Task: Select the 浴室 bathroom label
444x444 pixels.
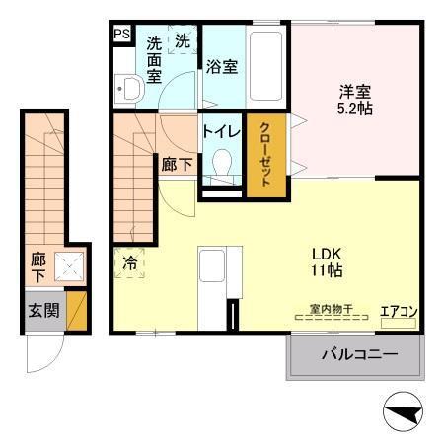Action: coord(221,67)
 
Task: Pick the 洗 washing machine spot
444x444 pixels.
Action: coord(184,41)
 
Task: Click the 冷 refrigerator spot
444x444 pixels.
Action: coord(130,262)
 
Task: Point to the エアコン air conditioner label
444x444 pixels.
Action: coord(401,314)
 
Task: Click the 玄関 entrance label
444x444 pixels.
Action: coord(41,310)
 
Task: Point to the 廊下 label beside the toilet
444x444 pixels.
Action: coord(176,165)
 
